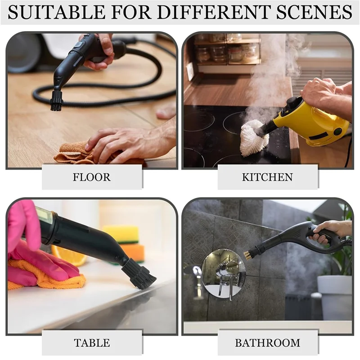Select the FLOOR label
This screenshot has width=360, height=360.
pyautogui.click(x=92, y=177)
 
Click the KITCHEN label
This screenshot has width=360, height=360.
pyautogui.click(x=267, y=177)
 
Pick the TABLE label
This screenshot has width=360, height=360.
pyautogui.click(x=92, y=343)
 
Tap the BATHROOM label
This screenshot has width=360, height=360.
pyautogui.click(x=267, y=343)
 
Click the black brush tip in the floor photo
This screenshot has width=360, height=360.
pyautogui.click(x=57, y=100)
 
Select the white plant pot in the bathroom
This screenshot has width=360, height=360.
pyautogui.click(x=335, y=297)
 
